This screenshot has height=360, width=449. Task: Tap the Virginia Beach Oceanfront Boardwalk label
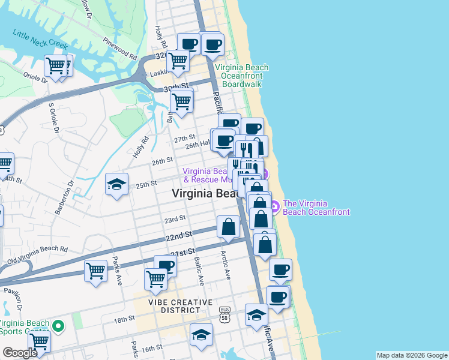pos(241,76)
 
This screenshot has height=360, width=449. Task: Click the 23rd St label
pos(175,220)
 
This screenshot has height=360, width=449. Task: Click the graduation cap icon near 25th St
pos(116,184)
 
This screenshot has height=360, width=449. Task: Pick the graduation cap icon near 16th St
pos(201,335)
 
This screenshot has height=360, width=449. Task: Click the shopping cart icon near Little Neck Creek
pos(56,65)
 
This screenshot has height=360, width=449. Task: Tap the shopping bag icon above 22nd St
pos(228,227)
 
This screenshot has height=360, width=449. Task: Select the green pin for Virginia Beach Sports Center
pos(58,327)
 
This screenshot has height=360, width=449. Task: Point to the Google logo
pos(20,353)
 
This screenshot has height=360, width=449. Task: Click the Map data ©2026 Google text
pos(412,355)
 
